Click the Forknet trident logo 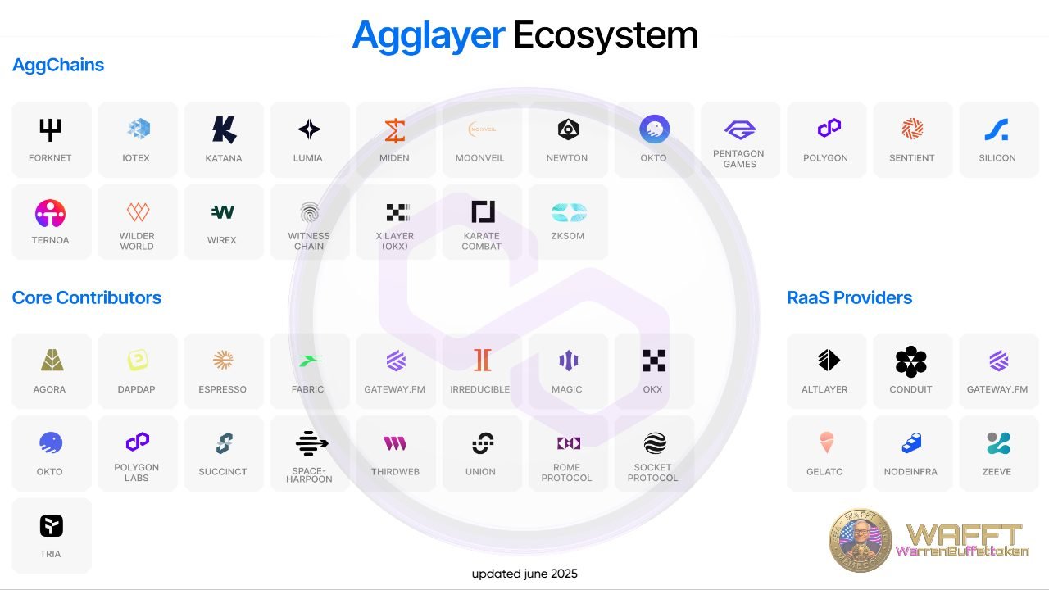tap(51, 129)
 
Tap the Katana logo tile tap(224, 139)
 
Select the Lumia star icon tap(309, 129)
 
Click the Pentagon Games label tap(739, 159)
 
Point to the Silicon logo tap(997, 129)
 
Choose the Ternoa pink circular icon tap(50, 213)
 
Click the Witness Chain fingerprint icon tap(309, 213)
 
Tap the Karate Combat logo tap(483, 211)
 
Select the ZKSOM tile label tap(568, 236)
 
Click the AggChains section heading tap(58, 66)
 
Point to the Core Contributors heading tap(87, 297)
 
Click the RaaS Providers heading tap(849, 297)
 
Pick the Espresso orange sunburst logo tap(223, 360)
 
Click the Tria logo tap(51, 526)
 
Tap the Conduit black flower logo tap(910, 361)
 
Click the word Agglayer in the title tap(428, 35)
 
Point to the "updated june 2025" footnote tap(524, 574)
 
